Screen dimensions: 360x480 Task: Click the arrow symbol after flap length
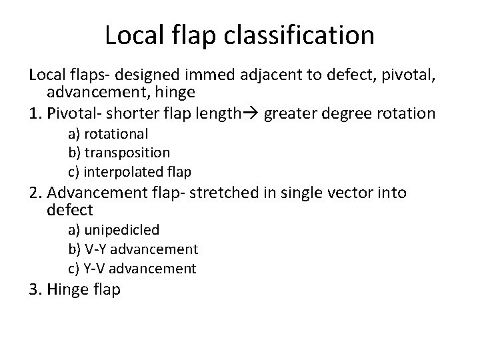coord(251,113)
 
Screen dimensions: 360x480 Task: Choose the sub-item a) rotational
coord(107,134)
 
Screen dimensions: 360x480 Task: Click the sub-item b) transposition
coord(119,153)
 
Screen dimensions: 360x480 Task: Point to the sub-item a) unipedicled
coord(113,230)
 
